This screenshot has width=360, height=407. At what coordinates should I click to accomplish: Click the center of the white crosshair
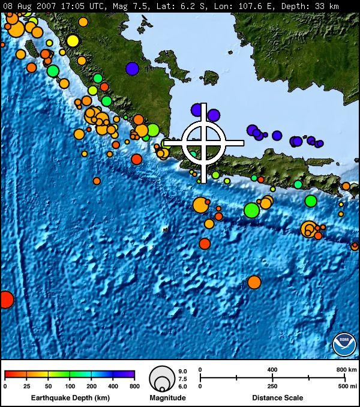click(204, 143)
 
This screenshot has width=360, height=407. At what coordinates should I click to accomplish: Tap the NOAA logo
click(344, 344)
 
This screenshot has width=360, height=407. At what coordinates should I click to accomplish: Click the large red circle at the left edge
click(5, 299)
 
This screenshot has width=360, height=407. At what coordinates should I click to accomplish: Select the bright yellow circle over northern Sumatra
click(73, 41)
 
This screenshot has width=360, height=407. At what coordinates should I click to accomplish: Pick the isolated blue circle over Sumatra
click(132, 68)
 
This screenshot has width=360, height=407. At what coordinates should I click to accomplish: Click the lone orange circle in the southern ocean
click(254, 282)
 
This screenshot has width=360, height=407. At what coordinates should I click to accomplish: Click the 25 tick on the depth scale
click(27, 386)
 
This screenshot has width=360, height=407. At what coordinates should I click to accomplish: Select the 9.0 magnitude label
click(183, 372)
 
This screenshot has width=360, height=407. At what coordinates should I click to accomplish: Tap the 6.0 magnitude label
click(183, 386)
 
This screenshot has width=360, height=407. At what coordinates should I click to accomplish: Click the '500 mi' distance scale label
click(346, 386)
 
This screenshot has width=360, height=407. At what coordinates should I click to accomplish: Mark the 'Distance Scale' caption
click(277, 398)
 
